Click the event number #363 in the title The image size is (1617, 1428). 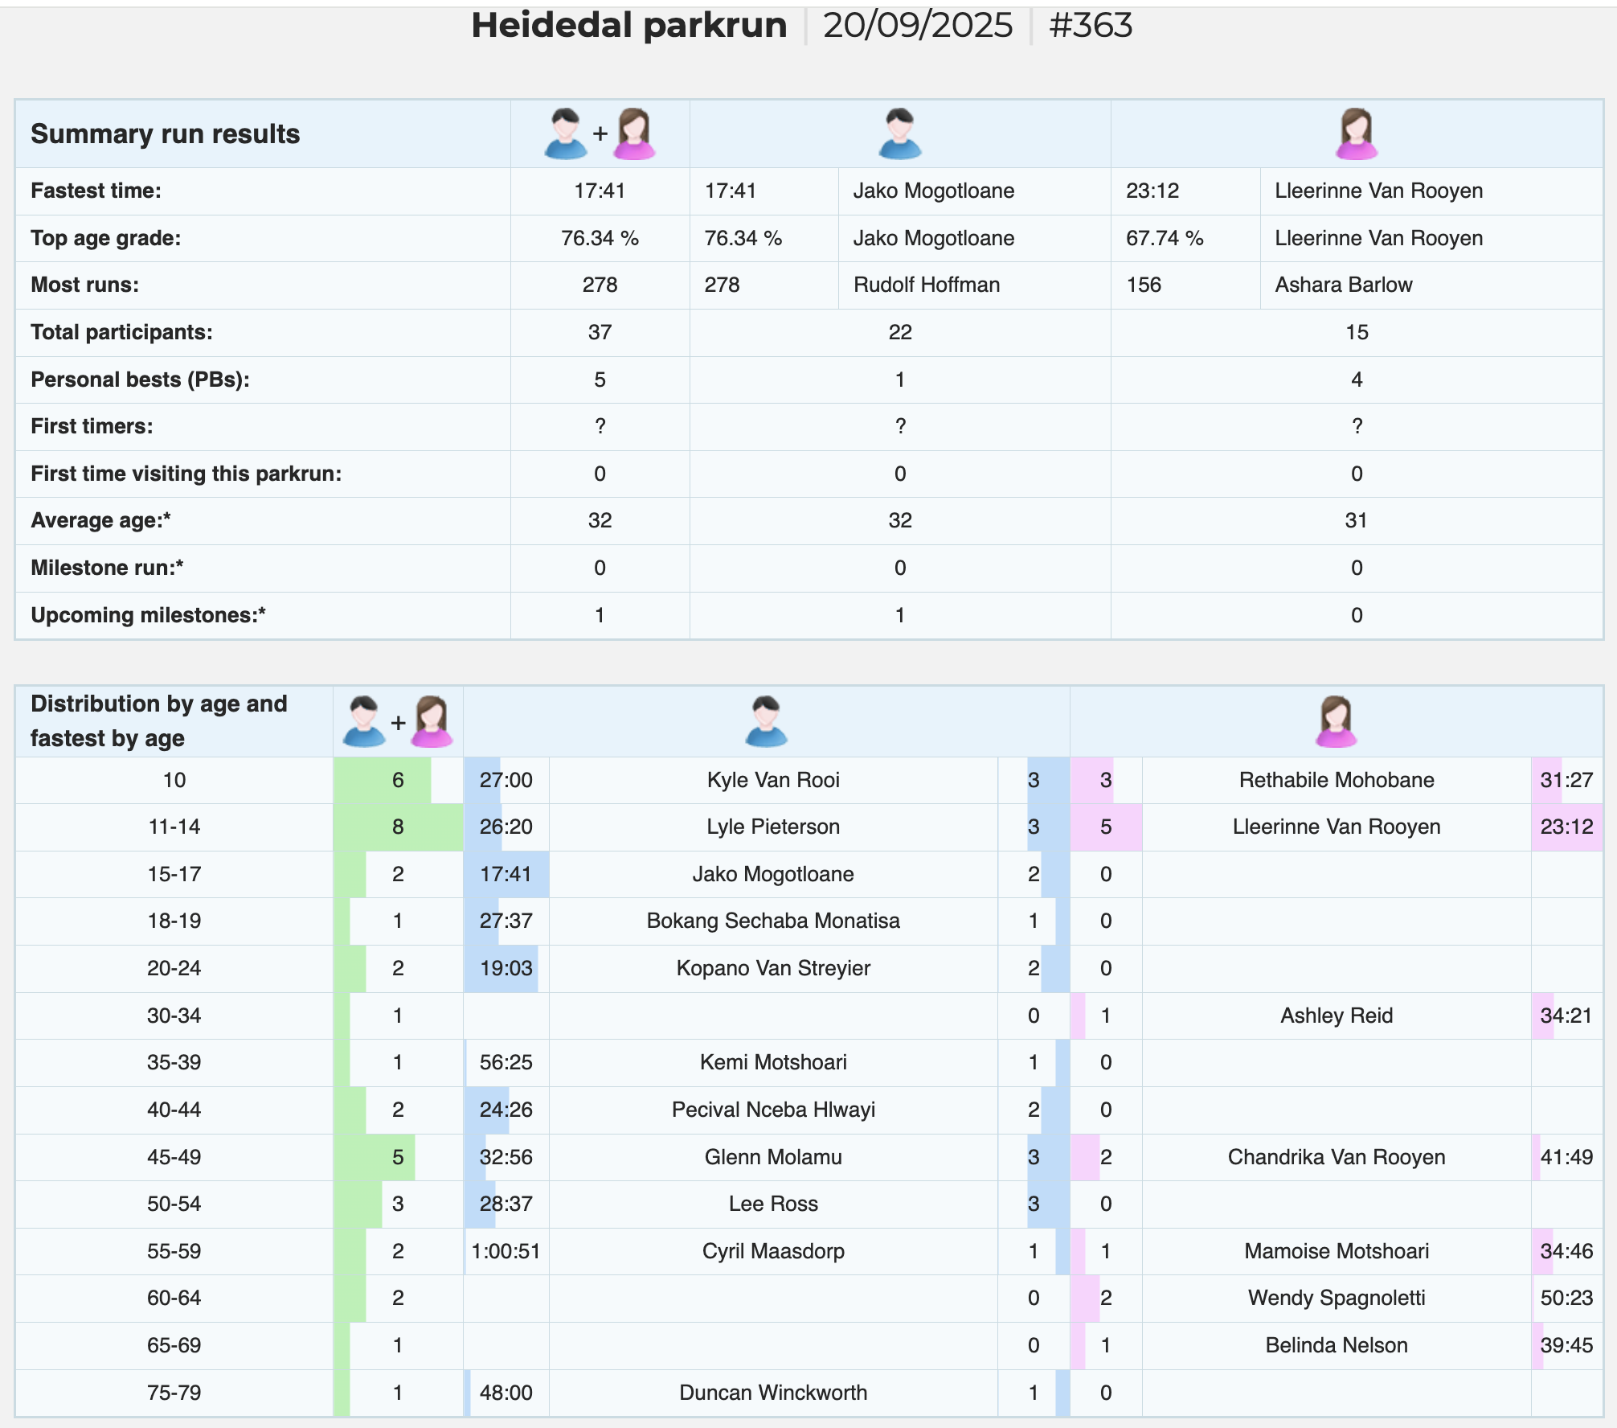[1091, 26]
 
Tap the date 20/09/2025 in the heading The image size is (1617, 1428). [918, 26]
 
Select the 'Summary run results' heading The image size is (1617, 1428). [165, 133]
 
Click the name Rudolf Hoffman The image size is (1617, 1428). [927, 285]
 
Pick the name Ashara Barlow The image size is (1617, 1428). [1344, 285]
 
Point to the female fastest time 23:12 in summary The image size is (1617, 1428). [1152, 191]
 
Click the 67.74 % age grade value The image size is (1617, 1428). [1165, 238]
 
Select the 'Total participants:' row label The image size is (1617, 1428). [121, 332]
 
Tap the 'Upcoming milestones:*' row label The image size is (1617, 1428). [148, 615]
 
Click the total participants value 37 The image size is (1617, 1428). [600, 332]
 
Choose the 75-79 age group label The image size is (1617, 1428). [174, 1393]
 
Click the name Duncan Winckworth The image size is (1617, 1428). [773, 1393]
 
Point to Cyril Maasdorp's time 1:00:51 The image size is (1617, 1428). [506, 1251]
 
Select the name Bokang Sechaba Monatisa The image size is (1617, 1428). [773, 921]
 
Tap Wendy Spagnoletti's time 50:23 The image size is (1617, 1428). [1566, 1298]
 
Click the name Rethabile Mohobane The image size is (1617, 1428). [1337, 780]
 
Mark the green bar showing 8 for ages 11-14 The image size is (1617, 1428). [398, 827]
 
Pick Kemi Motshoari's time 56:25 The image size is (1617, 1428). [506, 1062]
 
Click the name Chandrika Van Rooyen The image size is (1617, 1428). [1337, 1157]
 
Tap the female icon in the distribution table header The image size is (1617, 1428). [1336, 721]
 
